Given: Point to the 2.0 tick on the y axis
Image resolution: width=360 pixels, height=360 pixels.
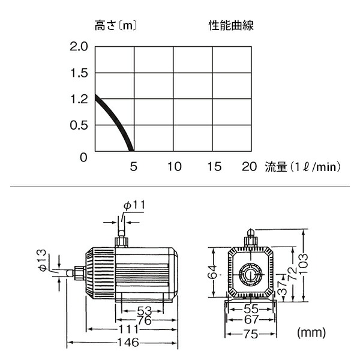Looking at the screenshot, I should tap(79, 47).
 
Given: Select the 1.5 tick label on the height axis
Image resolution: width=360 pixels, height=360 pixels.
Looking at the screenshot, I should tap(79, 73).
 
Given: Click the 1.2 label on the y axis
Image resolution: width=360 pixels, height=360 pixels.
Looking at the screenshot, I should tap(79, 100).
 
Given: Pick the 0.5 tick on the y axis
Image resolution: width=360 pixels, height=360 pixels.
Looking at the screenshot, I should tap(79, 125).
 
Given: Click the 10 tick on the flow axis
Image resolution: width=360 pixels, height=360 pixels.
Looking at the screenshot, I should tap(174, 166).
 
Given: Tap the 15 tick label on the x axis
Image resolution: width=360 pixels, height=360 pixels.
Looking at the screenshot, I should tap(214, 166).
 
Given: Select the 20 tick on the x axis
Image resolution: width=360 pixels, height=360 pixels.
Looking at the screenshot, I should tap(250, 166).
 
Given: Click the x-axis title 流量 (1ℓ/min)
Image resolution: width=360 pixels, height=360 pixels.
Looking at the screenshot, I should tap(303, 167).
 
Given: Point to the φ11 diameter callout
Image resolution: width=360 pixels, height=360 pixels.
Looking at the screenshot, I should tap(134, 205).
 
